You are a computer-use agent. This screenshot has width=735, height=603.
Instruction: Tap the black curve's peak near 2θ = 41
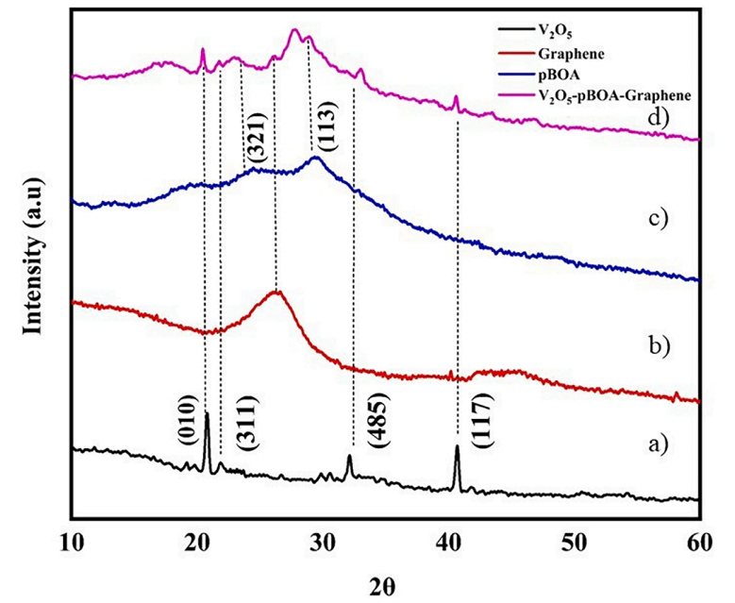coord(457,448)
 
